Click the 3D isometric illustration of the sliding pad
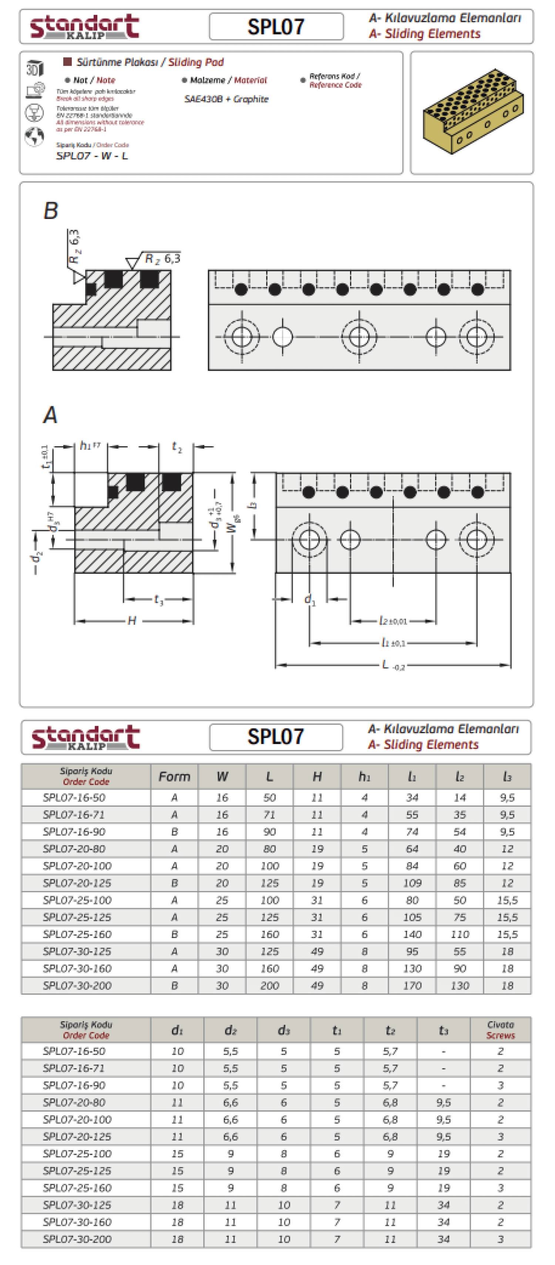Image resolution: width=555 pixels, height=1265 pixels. pos(471,112)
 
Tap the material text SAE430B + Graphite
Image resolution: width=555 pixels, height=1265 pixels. pos(226,99)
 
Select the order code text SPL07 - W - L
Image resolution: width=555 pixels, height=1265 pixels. pos(92,156)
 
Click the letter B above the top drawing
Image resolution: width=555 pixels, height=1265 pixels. pos(51,211)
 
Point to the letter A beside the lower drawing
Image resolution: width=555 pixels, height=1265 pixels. pos(50,415)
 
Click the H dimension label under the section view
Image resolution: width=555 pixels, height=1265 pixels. pos(132,621)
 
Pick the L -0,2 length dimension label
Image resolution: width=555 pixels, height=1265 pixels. pos(393,665)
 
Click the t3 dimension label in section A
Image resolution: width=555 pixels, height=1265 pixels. pos(158,600)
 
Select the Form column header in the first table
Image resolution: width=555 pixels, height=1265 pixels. pos(174,776)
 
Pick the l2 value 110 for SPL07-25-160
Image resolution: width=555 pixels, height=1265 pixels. pos(460,934)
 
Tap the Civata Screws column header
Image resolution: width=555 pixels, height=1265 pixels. pos(501,1030)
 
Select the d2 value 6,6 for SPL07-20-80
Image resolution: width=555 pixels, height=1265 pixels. pos(231,1103)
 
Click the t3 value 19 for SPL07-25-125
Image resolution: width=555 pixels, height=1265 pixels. pos(444,1171)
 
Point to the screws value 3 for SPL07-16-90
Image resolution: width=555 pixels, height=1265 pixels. pos(501,1085)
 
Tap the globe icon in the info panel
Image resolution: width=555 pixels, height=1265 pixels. pos(34,136)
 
